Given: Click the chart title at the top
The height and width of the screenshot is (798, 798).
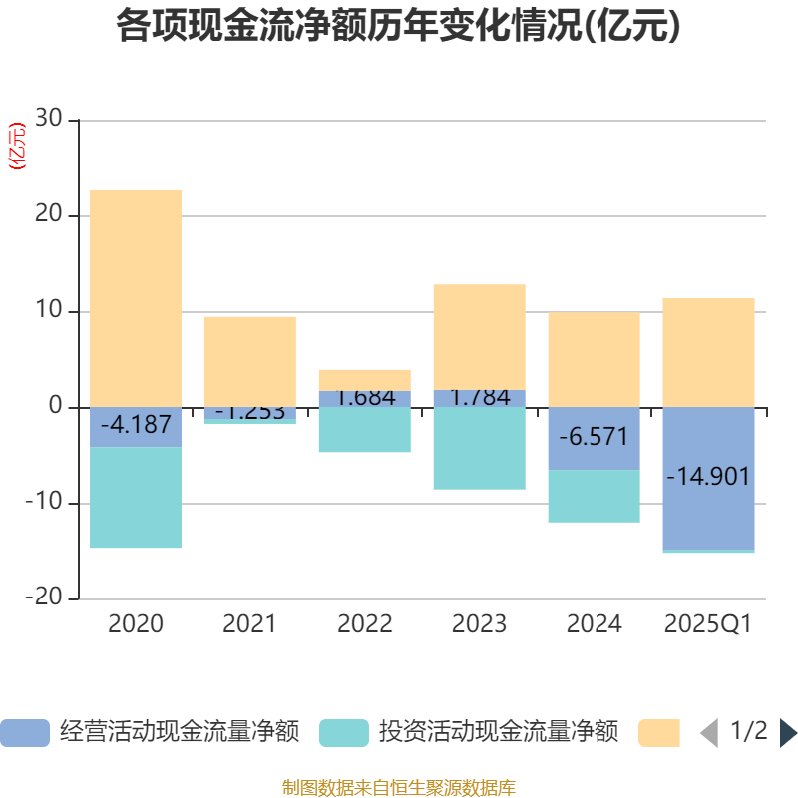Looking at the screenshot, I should (x=398, y=26).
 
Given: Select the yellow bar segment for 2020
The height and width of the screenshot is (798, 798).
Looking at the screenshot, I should (x=136, y=297).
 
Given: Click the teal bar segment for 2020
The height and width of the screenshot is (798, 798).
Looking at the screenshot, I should (x=136, y=498).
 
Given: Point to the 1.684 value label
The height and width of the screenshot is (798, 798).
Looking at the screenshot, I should (x=365, y=397).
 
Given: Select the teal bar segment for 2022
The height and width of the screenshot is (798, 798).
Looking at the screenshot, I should (x=365, y=430).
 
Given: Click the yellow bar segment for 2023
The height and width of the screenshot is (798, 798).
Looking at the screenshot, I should (x=479, y=336).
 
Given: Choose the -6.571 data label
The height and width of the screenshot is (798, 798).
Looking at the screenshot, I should (x=594, y=437).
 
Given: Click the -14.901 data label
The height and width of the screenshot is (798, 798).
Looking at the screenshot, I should (x=708, y=476).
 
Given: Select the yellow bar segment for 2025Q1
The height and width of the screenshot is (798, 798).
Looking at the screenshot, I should (x=708, y=352).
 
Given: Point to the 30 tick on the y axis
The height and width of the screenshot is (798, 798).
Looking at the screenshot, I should (x=50, y=120).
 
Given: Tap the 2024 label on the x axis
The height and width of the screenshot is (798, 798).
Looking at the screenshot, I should (x=594, y=625).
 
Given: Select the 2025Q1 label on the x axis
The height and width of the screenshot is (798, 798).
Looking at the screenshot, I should (x=708, y=625).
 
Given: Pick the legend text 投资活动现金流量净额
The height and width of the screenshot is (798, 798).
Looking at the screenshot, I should (x=498, y=733).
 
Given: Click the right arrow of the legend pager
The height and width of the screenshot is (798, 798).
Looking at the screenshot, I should (x=788, y=733).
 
